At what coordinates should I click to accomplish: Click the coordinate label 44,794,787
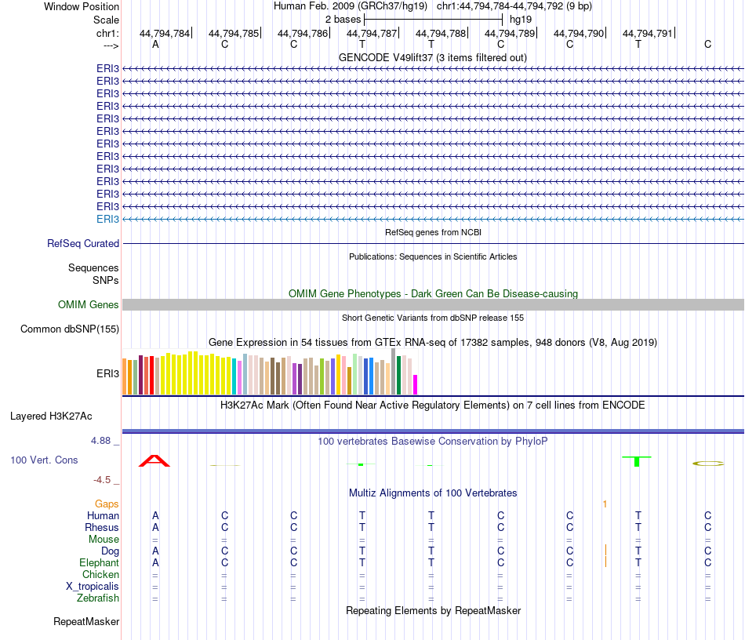point(372,34)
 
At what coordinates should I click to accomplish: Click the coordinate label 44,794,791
point(648,34)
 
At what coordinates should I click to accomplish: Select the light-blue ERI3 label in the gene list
point(108,219)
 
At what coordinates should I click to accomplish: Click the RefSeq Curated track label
point(83,244)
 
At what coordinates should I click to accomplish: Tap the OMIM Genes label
point(89,305)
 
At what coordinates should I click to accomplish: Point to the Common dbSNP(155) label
point(70,329)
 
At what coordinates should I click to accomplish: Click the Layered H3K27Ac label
point(56,416)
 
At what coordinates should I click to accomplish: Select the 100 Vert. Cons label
point(44,460)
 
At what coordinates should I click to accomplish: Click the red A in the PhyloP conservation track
point(154,460)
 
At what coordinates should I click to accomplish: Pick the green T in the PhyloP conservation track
point(638,460)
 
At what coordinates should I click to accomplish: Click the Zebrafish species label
point(98,598)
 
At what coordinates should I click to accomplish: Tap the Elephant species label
point(99,563)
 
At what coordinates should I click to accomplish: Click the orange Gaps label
point(107,504)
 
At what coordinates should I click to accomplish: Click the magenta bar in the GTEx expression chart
point(416,384)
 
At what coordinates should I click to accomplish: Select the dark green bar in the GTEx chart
point(399,375)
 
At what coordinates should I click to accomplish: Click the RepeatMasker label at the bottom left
point(86,622)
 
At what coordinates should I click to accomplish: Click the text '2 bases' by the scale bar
point(343,19)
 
